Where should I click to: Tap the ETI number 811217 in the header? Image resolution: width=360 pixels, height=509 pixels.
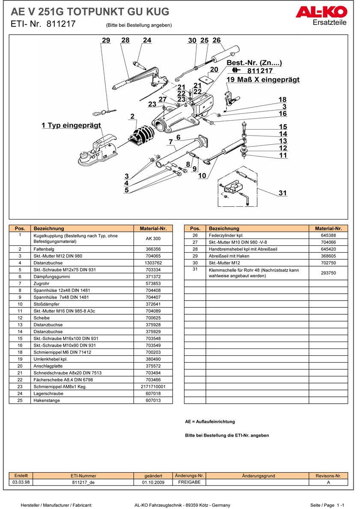coord(59,24)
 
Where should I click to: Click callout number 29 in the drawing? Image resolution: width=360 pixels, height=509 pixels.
coord(106,40)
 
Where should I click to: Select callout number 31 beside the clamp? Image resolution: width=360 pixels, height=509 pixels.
coord(283,193)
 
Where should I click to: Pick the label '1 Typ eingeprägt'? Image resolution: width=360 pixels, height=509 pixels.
coord(71,125)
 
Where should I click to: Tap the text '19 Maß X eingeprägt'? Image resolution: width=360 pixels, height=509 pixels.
coord(263,80)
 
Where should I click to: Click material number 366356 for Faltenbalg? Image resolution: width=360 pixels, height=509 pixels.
coord(153,249)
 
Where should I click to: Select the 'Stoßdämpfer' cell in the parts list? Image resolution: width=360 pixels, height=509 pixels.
coord(83,304)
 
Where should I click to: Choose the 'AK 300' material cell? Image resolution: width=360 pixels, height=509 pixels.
coord(153,238)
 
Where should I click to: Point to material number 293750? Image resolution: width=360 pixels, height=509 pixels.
coord(328,273)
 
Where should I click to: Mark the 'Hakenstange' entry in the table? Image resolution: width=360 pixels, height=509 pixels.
coord(83,400)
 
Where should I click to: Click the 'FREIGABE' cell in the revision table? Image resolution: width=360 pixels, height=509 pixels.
coord(189,482)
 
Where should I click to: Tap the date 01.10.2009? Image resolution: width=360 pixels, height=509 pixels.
coord(153,482)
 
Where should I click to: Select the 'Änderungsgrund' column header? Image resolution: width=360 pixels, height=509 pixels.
coord(258,476)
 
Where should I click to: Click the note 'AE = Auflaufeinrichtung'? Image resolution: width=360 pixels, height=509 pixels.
coord(210,422)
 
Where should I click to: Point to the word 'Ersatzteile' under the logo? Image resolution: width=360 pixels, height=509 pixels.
coord(330,23)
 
